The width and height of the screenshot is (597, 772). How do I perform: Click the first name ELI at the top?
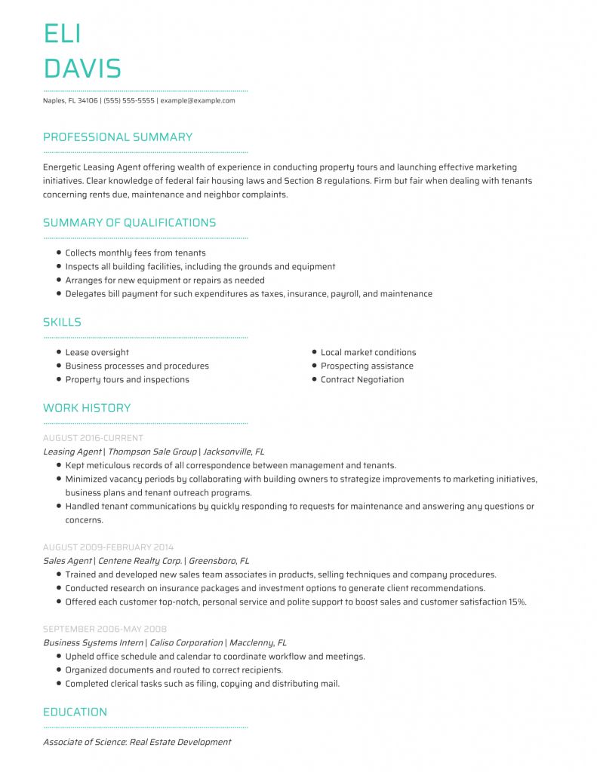[x=63, y=34]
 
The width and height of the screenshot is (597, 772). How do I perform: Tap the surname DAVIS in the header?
[x=82, y=69]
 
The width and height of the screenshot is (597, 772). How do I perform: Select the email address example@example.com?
[x=198, y=100]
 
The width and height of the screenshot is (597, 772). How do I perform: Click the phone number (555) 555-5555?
[x=129, y=100]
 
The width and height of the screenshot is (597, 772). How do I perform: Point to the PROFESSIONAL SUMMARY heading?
[x=118, y=137]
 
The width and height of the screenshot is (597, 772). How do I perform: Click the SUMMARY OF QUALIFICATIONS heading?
[x=129, y=222]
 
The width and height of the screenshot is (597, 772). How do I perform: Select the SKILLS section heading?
[x=62, y=322]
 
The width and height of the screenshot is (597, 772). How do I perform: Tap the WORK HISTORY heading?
[x=87, y=408]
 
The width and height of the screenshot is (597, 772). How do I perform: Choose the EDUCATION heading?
[x=75, y=712]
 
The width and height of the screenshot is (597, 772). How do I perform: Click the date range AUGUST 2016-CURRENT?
[x=93, y=438]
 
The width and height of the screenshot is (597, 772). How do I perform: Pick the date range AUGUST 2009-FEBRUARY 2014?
[x=108, y=547]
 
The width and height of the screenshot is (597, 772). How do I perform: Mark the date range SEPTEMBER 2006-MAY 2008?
[x=105, y=629]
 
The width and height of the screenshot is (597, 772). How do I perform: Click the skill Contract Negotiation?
[x=362, y=380]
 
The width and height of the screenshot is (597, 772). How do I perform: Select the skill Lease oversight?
[x=97, y=353]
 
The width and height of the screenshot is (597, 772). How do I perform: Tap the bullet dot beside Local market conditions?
[x=314, y=352]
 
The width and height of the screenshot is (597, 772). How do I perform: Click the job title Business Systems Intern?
[x=93, y=643]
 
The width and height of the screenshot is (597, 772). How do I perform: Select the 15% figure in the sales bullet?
[x=517, y=602]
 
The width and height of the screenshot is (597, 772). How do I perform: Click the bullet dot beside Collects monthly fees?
[x=59, y=253]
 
